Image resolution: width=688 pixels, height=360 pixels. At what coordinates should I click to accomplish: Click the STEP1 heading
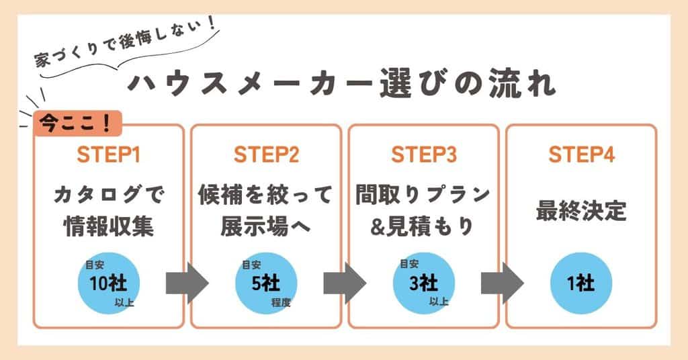pyautogui.click(x=107, y=155)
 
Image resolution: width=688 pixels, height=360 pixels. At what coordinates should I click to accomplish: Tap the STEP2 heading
pyautogui.click(x=266, y=155)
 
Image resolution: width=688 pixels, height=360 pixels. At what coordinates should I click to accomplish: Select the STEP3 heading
pyautogui.click(x=423, y=155)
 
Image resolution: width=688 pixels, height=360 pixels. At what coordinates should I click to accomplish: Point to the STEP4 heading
pyautogui.click(x=581, y=155)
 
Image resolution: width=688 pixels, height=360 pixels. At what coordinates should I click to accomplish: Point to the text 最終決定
pyautogui.click(x=580, y=211)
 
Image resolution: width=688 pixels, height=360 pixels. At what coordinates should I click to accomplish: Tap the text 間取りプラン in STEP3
pyautogui.click(x=423, y=195)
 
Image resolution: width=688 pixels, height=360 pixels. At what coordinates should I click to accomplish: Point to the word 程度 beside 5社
pyautogui.click(x=281, y=303)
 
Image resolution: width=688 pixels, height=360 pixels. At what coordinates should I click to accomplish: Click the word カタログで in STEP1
pyautogui.click(x=108, y=195)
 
